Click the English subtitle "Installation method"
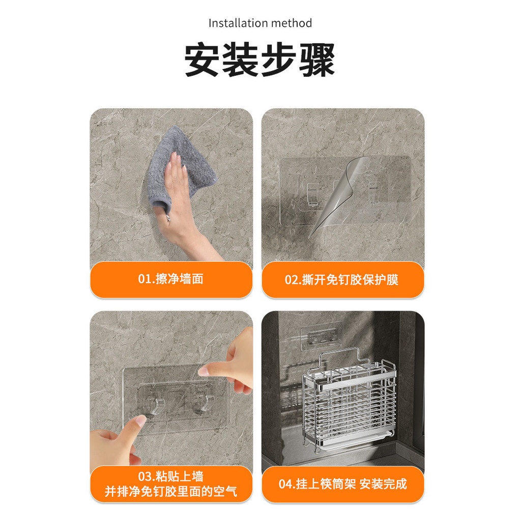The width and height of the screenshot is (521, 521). point(260,23)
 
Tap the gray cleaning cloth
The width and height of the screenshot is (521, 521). point(182,168)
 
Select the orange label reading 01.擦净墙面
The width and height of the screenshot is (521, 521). point(171,279)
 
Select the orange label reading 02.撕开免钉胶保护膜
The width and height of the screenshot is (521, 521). point(343,279)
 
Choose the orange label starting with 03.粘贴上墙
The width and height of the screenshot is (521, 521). point(171,484)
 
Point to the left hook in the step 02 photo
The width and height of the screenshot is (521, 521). point(313,194)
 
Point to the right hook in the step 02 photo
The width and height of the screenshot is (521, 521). point(375,192)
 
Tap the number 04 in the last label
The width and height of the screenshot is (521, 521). point(285,484)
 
